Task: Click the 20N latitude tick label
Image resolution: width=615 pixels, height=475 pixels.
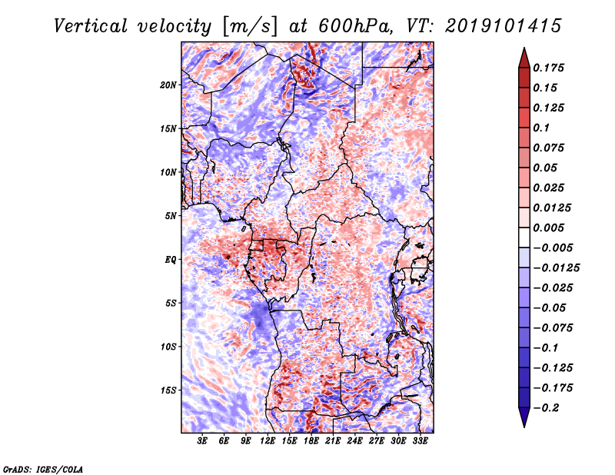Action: pyautogui.click(x=168, y=85)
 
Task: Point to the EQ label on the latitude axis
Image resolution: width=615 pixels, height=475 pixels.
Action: pyautogui.click(x=170, y=260)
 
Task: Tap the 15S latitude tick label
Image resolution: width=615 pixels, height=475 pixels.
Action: pyautogui.click(x=168, y=390)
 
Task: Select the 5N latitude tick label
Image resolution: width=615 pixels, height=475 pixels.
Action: pyautogui.click(x=171, y=216)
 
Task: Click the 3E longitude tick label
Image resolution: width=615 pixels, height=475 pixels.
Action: pyautogui.click(x=202, y=441)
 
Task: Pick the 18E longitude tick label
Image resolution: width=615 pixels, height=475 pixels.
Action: pyautogui.click(x=311, y=441)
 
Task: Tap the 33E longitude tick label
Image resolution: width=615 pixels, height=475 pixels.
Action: pyautogui.click(x=420, y=441)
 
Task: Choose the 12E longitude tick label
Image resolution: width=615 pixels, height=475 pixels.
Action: pyautogui.click(x=268, y=441)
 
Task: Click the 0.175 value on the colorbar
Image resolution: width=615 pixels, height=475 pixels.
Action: pyautogui.click(x=548, y=68)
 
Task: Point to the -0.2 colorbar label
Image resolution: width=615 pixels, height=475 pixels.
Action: pyautogui.click(x=546, y=408)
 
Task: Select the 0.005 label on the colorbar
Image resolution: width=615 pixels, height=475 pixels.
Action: pyautogui.click(x=548, y=228)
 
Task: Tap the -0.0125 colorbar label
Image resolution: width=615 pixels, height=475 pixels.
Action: pyautogui.click(x=556, y=268)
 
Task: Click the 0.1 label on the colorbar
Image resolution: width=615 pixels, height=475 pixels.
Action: pyautogui.click(x=541, y=128)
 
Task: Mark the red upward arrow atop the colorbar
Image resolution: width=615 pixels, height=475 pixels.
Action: pyautogui.click(x=524, y=58)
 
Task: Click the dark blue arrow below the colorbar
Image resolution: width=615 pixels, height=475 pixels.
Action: pyautogui.click(x=524, y=417)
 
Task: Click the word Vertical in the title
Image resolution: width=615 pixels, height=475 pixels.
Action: pyautogui.click(x=91, y=26)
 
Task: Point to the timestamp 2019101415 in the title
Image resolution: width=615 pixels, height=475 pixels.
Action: pyautogui.click(x=504, y=26)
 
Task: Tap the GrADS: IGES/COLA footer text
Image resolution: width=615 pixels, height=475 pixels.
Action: pyautogui.click(x=43, y=470)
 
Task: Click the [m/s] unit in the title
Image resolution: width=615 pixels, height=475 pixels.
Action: pyautogui.click(x=249, y=26)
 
